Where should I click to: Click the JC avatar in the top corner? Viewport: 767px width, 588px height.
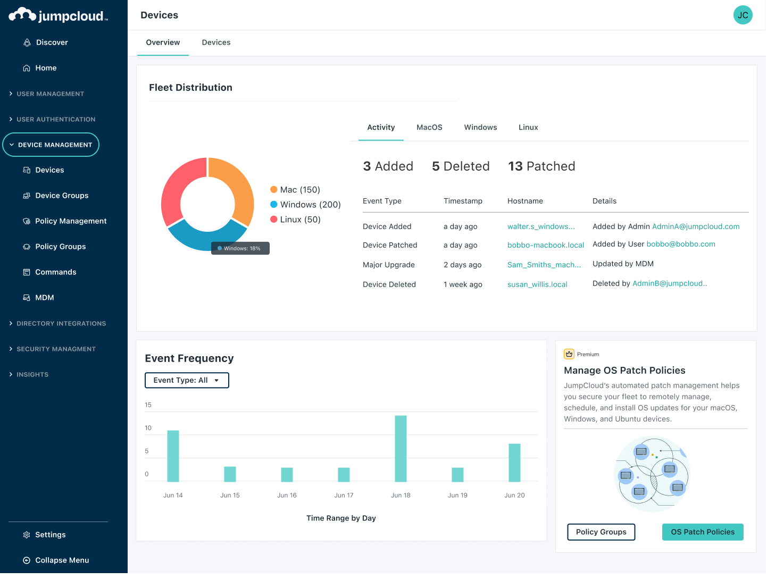743,15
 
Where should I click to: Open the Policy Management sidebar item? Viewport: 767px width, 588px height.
70,221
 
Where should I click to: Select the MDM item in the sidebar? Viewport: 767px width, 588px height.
44,298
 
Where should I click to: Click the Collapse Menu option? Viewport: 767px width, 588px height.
62,560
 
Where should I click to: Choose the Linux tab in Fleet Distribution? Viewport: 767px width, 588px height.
528,128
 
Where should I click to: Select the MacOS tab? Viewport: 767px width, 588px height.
429,128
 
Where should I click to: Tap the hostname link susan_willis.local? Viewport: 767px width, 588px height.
537,284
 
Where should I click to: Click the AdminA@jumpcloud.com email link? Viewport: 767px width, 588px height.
696,226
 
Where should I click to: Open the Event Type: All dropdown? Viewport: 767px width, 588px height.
187,380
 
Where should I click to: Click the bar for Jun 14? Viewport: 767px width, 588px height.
173,456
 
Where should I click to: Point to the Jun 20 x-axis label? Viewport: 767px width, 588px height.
514,495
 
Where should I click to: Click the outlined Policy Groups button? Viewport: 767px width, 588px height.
601,532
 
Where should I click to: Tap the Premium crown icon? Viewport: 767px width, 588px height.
569,354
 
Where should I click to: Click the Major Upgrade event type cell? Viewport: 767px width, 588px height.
388,265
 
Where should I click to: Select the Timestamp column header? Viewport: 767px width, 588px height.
463,201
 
